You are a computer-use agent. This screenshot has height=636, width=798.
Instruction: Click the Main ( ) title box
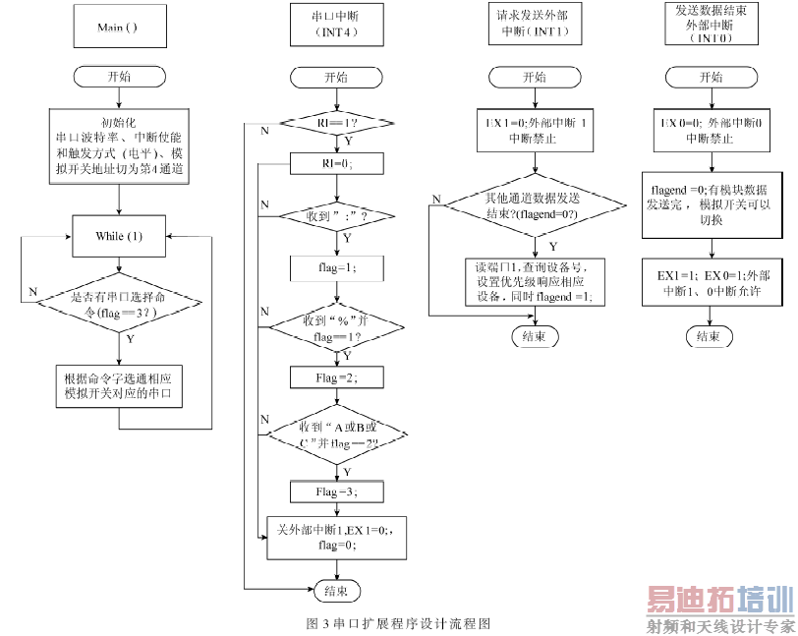[x=118, y=27]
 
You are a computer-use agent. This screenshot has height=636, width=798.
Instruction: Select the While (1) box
[x=118, y=236]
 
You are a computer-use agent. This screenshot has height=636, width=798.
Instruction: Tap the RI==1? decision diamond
[x=337, y=121]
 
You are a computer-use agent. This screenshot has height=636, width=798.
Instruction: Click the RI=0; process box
[x=337, y=163]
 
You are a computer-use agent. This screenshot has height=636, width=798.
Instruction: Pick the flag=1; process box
[x=337, y=267]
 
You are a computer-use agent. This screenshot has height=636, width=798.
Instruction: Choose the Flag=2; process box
[x=337, y=376]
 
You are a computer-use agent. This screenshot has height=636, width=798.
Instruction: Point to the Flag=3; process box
[x=337, y=491]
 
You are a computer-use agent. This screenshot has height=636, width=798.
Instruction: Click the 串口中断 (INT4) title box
[x=337, y=27]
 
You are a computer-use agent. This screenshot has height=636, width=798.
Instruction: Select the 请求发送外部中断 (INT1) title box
[x=534, y=27]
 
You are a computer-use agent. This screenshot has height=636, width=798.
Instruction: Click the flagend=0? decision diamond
[x=534, y=205]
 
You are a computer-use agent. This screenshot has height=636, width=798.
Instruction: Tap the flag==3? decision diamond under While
[x=118, y=304]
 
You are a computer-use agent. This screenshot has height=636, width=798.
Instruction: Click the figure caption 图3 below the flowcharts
[x=398, y=623]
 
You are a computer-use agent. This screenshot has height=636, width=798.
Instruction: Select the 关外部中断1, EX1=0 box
[x=337, y=537]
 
